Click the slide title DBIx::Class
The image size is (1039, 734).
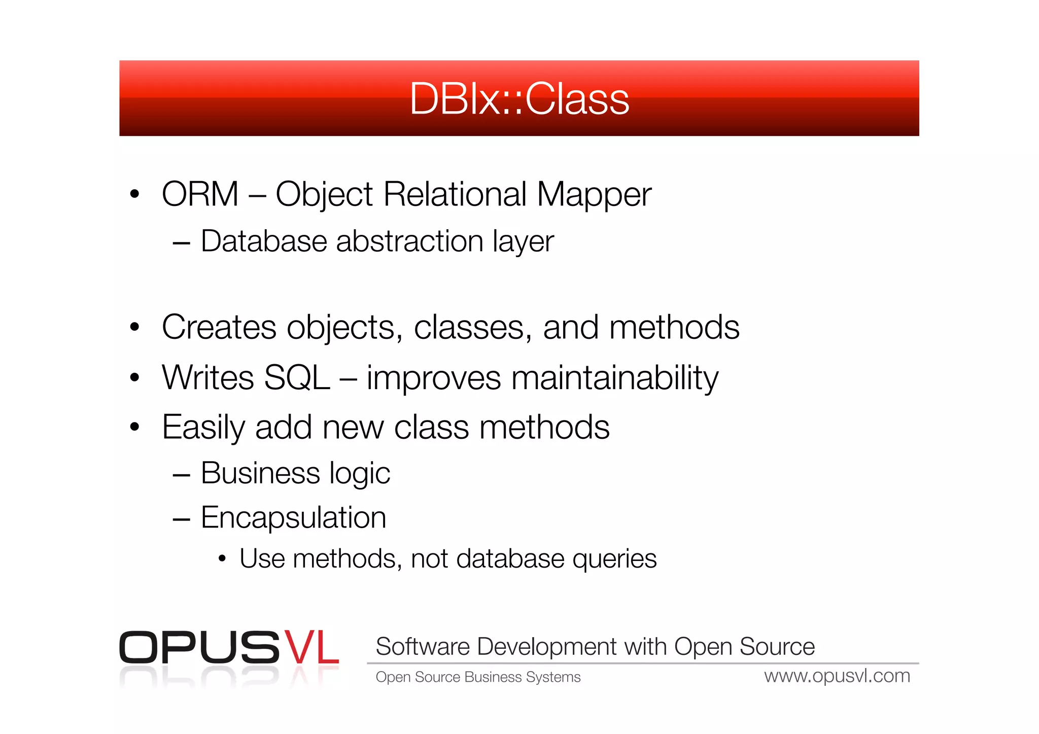pos(519,99)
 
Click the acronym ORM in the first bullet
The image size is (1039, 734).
pos(200,194)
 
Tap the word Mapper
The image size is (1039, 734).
pos(594,195)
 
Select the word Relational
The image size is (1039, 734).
pos(455,194)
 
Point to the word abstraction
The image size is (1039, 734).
pos(409,241)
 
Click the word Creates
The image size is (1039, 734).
pos(219,327)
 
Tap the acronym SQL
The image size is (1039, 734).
pos(297,378)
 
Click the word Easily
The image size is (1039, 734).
pos(203,428)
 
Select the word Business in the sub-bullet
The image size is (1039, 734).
pos(260,473)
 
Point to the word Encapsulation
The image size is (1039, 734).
pos(293,517)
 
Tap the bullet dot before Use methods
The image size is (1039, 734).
pos(222,559)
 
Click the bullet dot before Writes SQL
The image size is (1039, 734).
pos(134,377)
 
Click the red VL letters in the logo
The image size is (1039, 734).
pos(310,648)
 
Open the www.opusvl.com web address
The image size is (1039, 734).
pos(837,676)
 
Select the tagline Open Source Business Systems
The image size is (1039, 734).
pos(478,677)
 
